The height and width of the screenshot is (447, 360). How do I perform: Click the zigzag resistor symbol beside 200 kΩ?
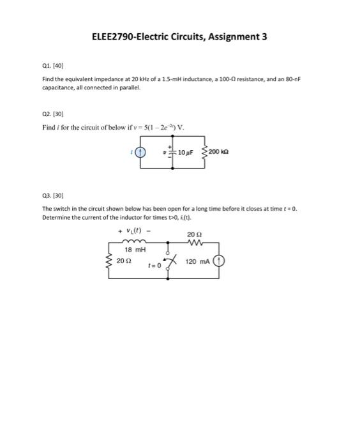point(205,153)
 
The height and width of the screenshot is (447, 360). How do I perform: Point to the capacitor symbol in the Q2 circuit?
point(174,153)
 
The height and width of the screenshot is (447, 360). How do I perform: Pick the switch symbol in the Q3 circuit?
point(169,262)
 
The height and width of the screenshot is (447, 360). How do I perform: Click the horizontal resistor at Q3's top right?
point(195,243)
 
